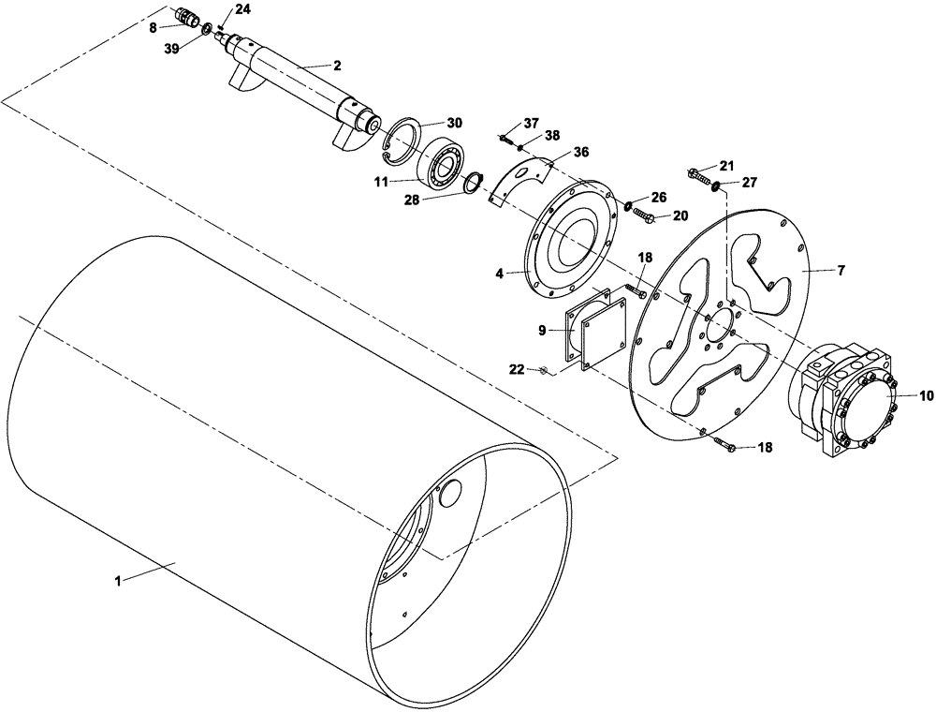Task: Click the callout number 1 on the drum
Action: coord(119,581)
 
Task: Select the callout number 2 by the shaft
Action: coord(336,66)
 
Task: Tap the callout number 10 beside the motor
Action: coord(926,395)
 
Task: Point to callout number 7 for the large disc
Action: coord(840,270)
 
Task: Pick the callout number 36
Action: coord(580,153)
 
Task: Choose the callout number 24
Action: coord(242,9)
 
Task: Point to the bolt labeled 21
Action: coord(697,175)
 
